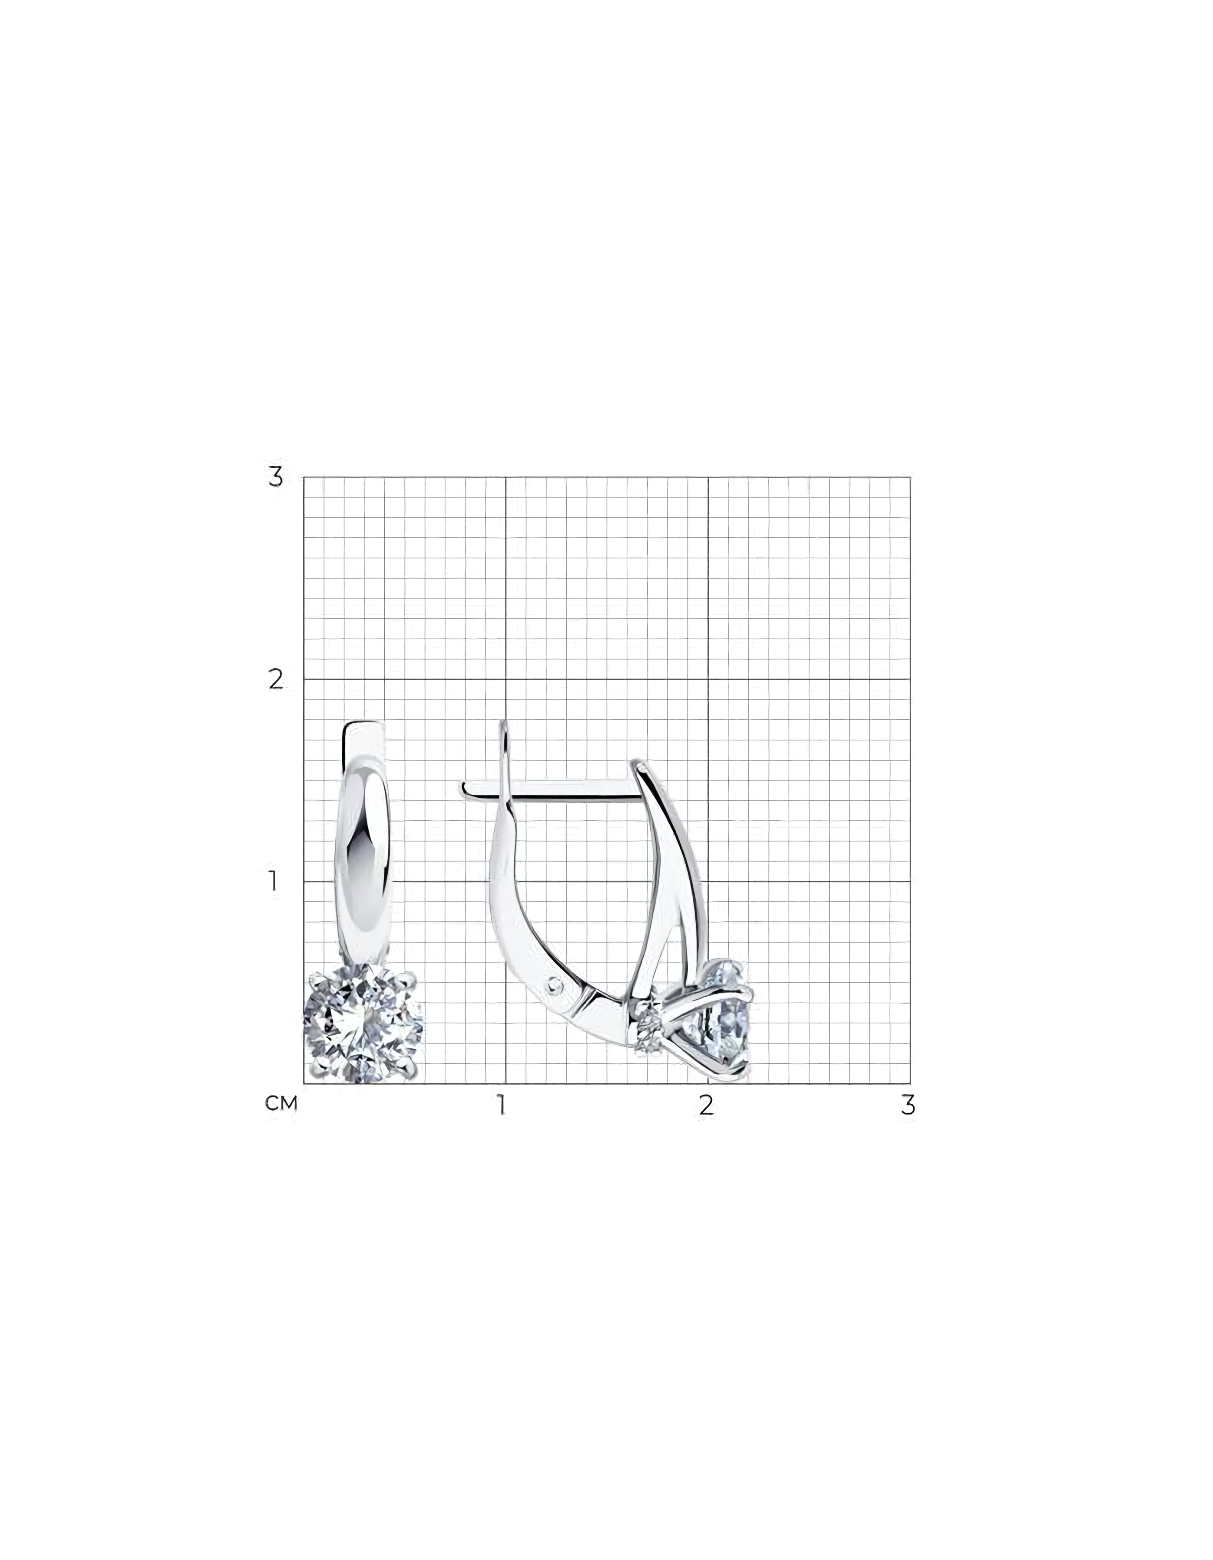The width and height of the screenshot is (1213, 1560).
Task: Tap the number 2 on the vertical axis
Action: coord(276,679)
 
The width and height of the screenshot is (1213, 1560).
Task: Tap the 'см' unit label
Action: coord(281,1104)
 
